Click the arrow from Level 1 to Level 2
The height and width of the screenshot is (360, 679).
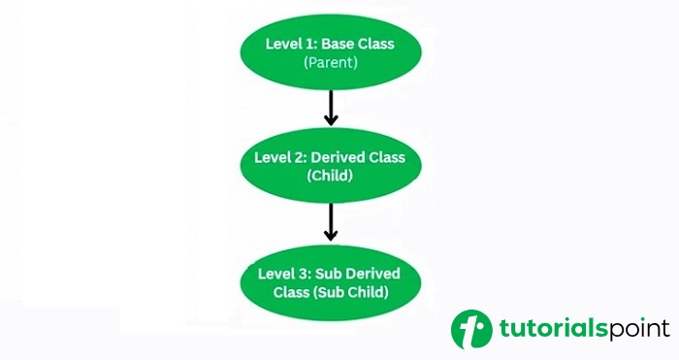331,108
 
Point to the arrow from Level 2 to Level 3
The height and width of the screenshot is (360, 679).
331,222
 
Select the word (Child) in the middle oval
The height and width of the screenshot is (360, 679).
331,177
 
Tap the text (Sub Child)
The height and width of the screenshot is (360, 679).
360,293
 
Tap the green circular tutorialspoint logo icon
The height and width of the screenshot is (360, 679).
471,329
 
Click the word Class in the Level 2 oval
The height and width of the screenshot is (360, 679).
392,157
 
